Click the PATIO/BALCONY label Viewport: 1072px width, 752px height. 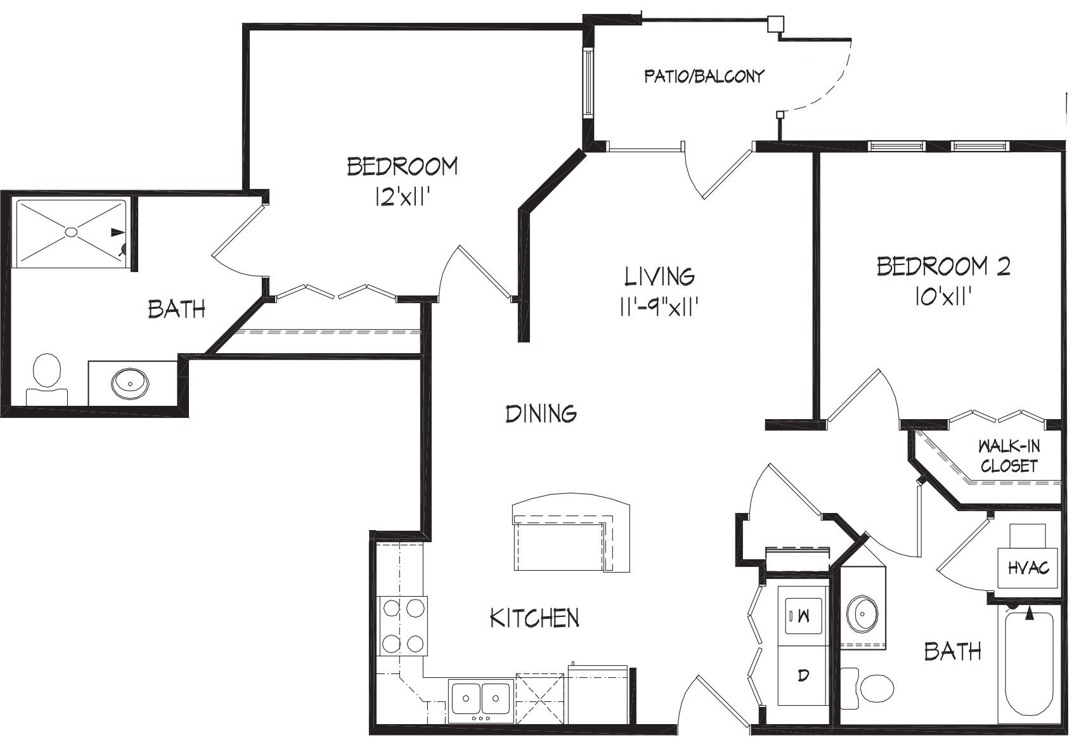pos(704,77)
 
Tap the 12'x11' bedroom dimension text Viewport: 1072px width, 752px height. pos(401,197)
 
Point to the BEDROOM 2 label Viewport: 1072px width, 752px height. pos(943,266)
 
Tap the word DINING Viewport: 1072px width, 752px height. pos(541,413)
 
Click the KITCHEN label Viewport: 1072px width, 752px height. pos(534,618)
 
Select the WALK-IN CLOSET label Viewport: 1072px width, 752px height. pos(1009,456)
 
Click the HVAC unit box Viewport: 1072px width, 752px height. pos(1028,567)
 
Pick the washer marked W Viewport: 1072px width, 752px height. pos(803,616)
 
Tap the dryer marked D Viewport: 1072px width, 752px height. pos(803,675)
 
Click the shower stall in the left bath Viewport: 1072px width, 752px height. pos(71,233)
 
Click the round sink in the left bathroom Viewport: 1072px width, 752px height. pos(130,383)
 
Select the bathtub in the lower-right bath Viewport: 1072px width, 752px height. pos(1029,665)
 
